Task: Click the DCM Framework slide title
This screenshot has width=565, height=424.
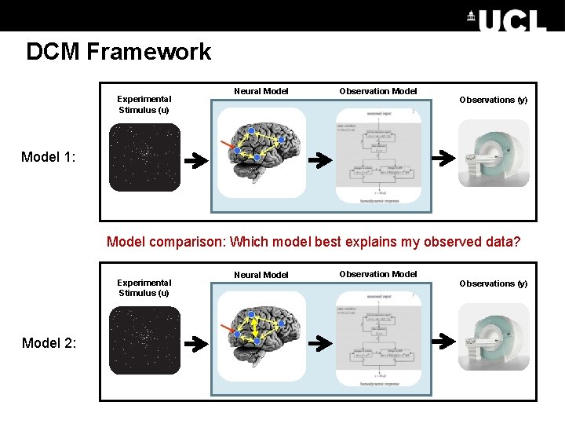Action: pyautogui.click(x=118, y=52)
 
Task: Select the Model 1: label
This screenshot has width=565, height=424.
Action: pyautogui.click(x=49, y=157)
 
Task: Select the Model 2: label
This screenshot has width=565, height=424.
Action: pyautogui.click(x=49, y=342)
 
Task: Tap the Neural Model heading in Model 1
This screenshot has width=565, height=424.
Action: pyautogui.click(x=261, y=92)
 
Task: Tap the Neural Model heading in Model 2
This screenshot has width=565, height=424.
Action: pyautogui.click(x=261, y=275)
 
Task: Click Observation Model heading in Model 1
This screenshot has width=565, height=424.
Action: pyautogui.click(x=378, y=92)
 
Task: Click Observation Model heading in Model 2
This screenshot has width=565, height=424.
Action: pyautogui.click(x=378, y=274)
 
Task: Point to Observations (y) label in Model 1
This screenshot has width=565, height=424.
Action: pyautogui.click(x=494, y=100)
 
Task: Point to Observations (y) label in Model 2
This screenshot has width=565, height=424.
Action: pyautogui.click(x=494, y=283)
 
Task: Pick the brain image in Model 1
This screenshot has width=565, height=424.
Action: pyautogui.click(x=261, y=150)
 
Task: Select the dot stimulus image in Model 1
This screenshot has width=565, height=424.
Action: pyautogui.click(x=144, y=157)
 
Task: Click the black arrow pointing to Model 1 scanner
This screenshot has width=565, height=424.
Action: pyautogui.click(x=443, y=158)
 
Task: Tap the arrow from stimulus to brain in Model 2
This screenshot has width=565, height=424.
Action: pyautogui.click(x=196, y=344)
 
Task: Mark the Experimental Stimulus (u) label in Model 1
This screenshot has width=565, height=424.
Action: pyautogui.click(x=144, y=104)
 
